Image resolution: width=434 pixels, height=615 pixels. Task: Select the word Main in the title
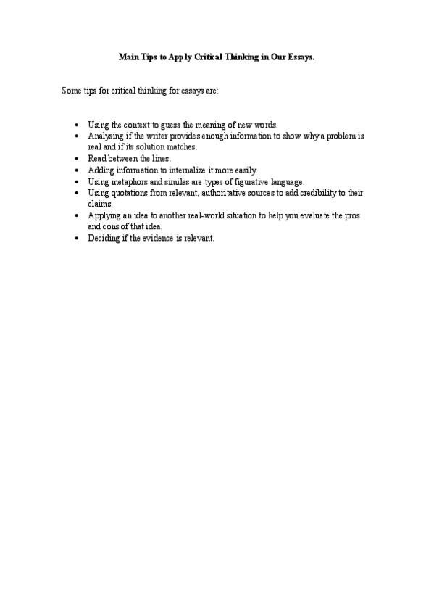click(128, 55)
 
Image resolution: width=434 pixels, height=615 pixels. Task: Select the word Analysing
click(106, 136)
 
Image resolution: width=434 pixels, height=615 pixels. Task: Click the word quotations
click(133, 193)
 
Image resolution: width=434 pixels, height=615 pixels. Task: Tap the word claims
click(99, 204)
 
